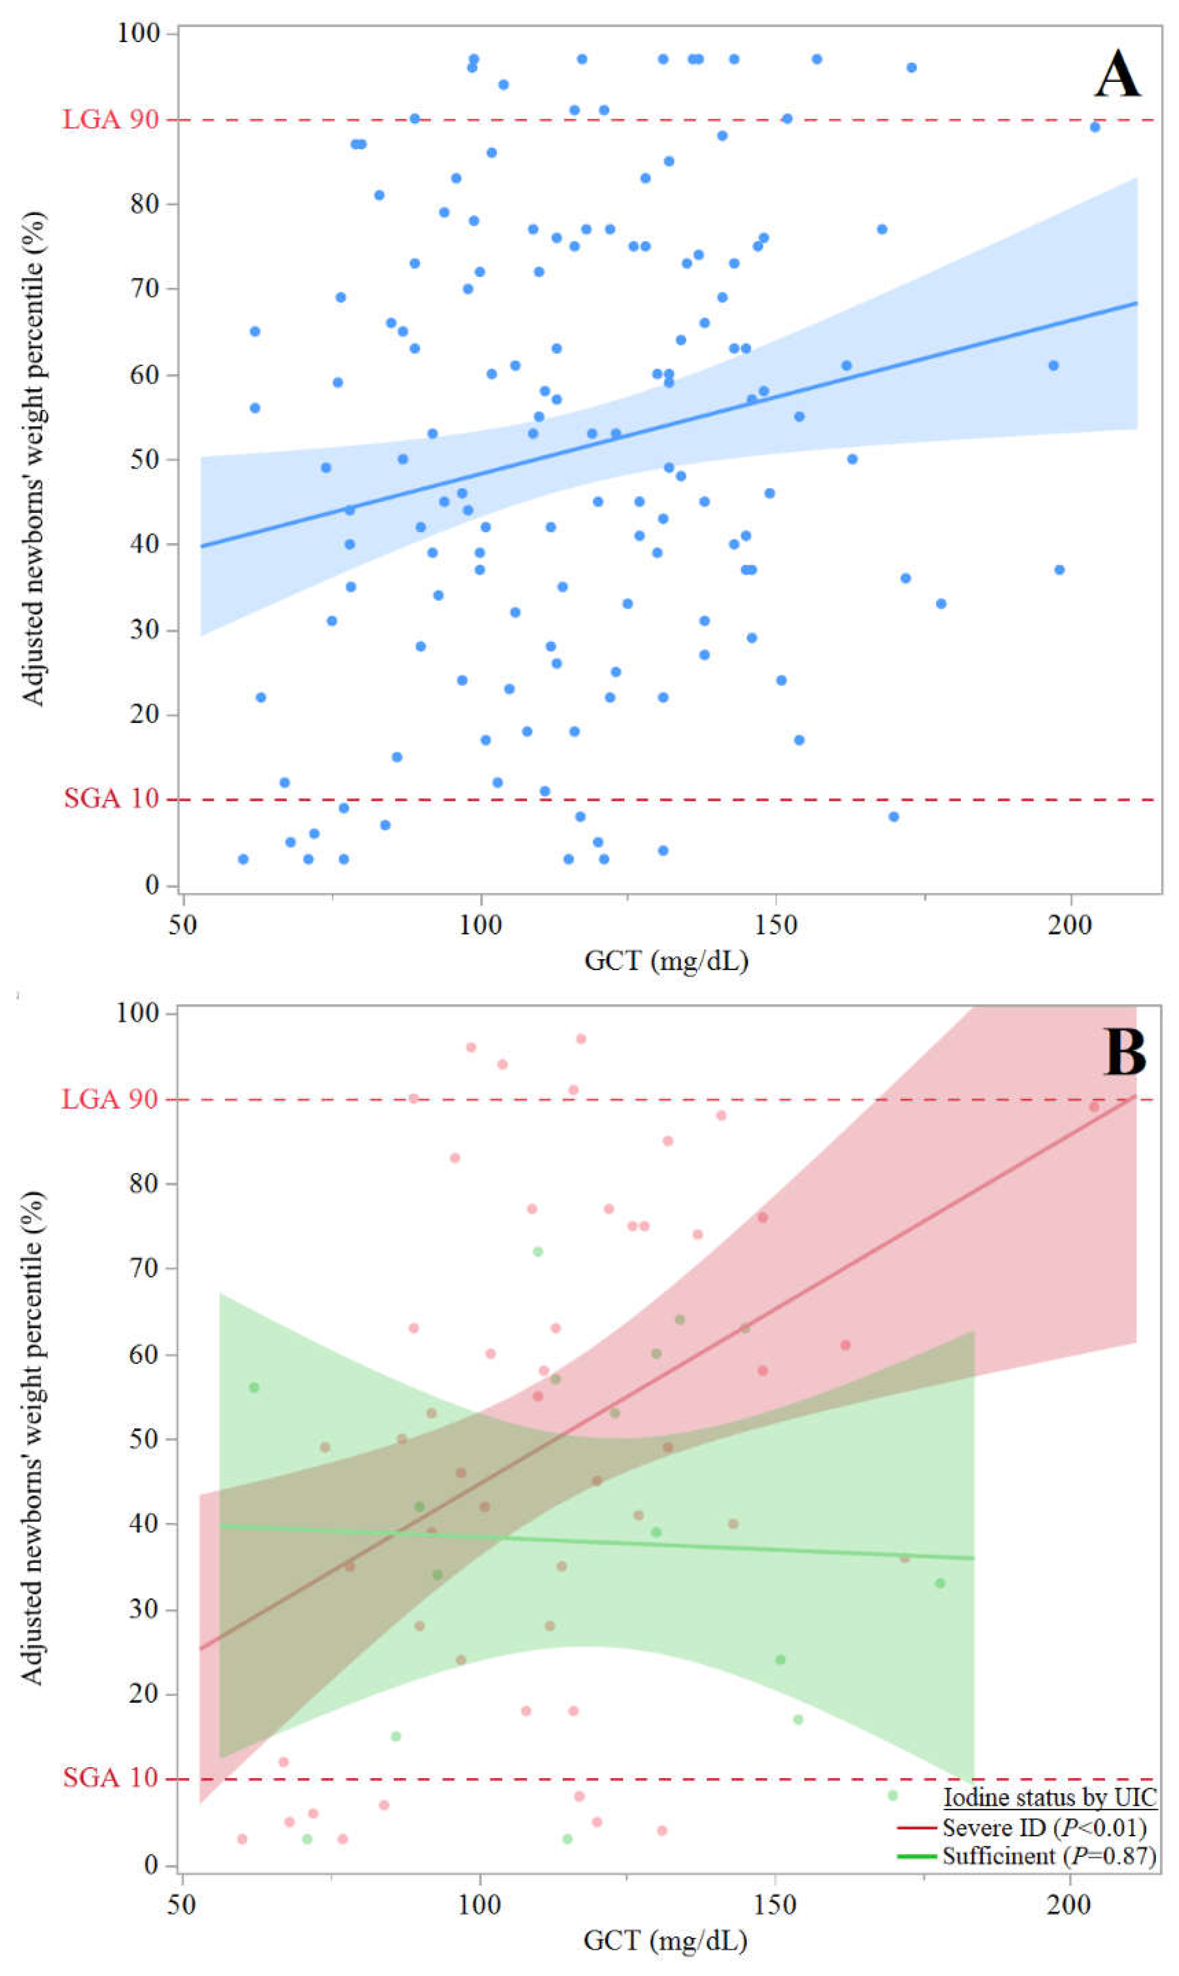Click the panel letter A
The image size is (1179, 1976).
pos(1117,75)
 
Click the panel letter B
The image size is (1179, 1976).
pos(1124,1053)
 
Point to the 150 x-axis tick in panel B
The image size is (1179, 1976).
pos(774,1905)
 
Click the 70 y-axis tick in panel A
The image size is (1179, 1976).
pos(145,288)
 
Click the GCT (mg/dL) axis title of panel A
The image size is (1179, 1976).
pos(666,961)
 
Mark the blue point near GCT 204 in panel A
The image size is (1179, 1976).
pos(1095,127)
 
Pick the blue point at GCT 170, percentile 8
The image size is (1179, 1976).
pos(893,816)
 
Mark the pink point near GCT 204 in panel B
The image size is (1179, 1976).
pos(1094,1106)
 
